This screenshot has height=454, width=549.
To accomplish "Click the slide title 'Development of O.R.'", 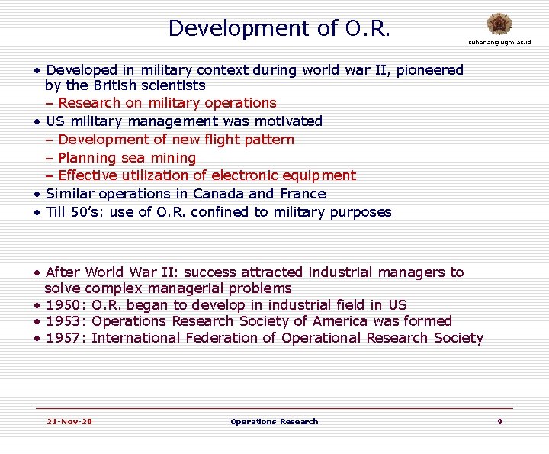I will pyautogui.click(x=279, y=28).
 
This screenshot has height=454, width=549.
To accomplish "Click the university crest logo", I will pyautogui.click(x=500, y=24).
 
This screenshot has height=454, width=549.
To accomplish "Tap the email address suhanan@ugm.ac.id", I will pyautogui.click(x=499, y=42).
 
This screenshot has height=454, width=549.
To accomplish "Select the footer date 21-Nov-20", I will pyautogui.click(x=69, y=421).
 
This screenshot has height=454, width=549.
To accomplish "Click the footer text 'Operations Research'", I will pyautogui.click(x=274, y=421).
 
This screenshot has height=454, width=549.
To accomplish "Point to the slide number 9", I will pyautogui.click(x=499, y=421).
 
